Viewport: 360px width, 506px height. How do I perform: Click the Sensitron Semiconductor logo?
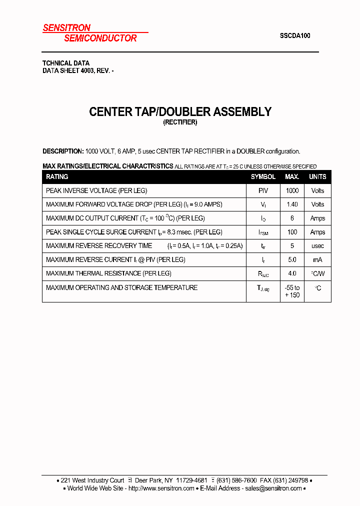pos(90,33)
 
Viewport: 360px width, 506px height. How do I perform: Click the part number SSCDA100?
pos(295,36)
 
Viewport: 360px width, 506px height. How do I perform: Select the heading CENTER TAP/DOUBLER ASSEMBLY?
pos(180,112)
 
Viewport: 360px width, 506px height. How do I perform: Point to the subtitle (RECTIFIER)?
pos(180,123)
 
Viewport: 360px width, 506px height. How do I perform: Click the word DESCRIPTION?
pos(63,151)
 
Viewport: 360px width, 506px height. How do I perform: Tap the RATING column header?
pos(57,177)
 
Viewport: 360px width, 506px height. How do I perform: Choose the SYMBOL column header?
pos(263,177)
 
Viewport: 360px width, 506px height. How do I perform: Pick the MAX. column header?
pos(292,177)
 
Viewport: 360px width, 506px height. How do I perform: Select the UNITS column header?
pos(317,177)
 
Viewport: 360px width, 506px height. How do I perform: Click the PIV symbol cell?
pos(263,190)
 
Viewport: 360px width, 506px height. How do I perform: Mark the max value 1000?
pos(292,190)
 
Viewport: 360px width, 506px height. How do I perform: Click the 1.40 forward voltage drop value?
pos(292,204)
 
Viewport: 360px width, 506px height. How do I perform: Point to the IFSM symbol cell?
pos(263,232)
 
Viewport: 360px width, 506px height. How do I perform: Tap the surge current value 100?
pos(292,232)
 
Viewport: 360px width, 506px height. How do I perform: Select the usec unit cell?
pos(317,246)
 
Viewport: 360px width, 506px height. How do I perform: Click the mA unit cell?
pos(317,260)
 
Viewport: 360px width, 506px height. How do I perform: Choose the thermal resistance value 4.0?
pos(292,273)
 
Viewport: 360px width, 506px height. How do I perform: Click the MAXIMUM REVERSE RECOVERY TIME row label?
pos(99,246)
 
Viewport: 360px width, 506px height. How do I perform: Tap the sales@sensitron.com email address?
pos(273,488)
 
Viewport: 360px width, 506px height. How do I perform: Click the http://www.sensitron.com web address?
pos(161,488)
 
